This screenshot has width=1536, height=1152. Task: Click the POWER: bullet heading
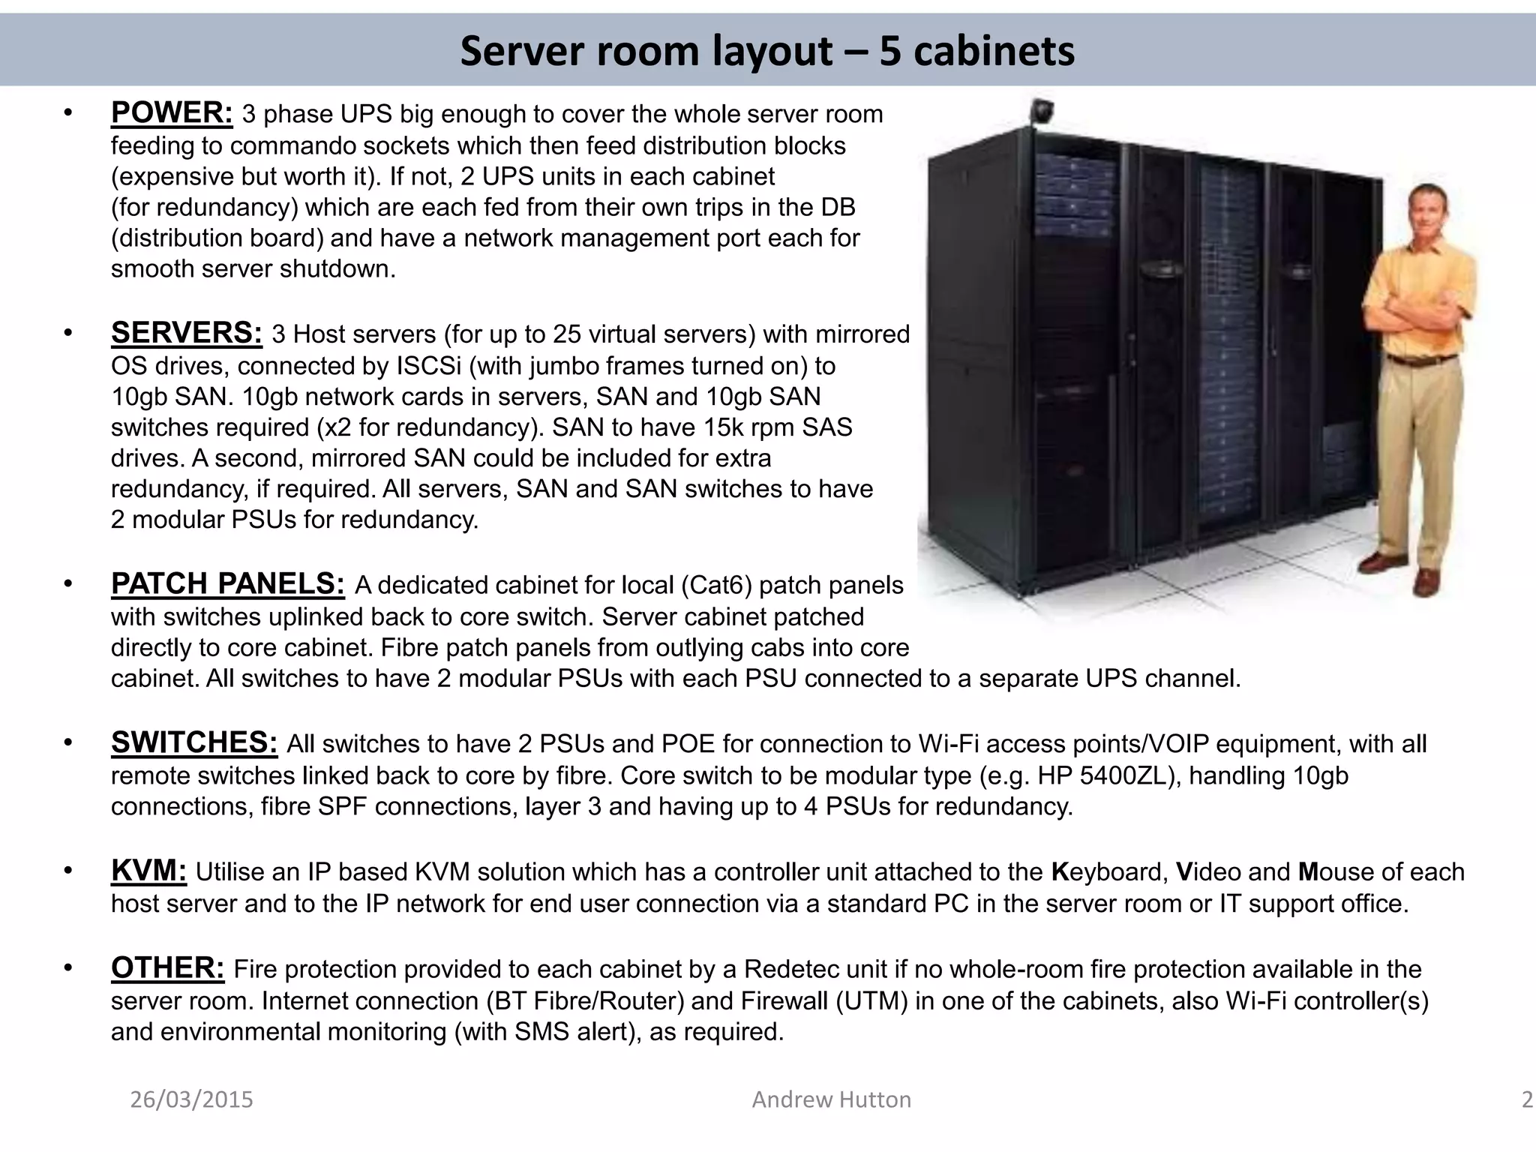(x=172, y=113)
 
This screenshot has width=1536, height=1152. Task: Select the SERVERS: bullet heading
(x=187, y=333)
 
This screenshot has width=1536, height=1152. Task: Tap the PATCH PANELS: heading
(x=228, y=583)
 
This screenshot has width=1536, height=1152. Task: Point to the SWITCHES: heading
(x=194, y=742)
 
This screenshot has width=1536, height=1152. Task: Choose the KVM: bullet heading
(x=148, y=871)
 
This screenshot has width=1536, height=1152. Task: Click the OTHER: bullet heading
(x=167, y=968)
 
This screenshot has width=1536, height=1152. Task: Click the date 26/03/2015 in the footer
(x=192, y=1099)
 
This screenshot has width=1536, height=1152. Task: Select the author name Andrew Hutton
(x=831, y=1099)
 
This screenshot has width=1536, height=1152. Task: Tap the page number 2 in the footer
(x=1527, y=1099)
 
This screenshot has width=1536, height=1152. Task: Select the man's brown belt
(x=1422, y=361)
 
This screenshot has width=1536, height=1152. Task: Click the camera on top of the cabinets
(x=1042, y=111)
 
